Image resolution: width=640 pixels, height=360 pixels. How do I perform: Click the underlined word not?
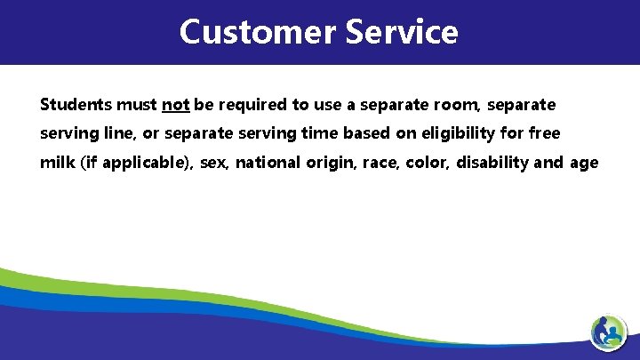[175, 105]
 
